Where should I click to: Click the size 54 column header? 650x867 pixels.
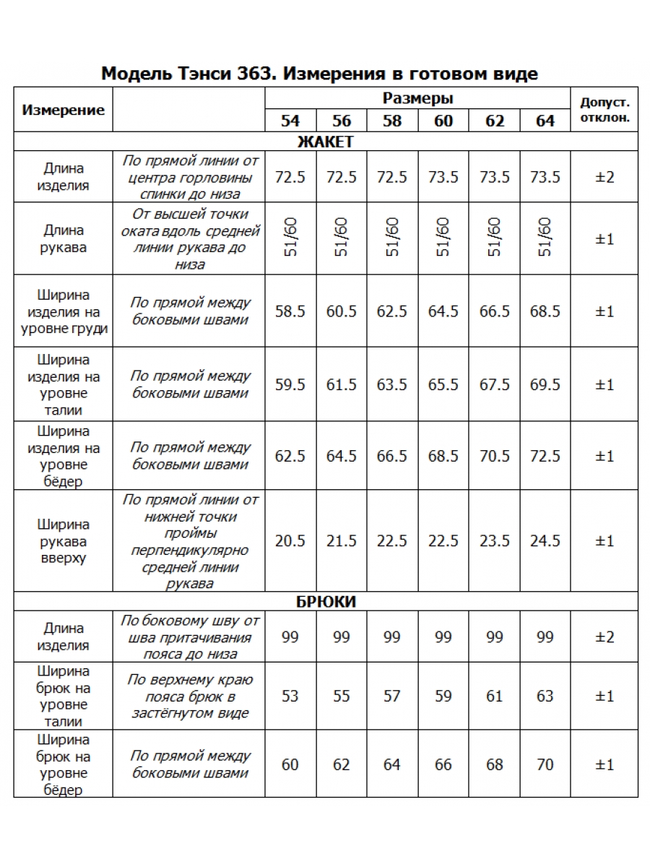click(290, 121)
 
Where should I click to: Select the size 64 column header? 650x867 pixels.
click(545, 121)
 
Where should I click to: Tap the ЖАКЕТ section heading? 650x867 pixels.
click(325, 142)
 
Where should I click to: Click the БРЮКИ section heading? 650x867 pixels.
click(325, 602)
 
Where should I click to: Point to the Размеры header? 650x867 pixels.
click(417, 98)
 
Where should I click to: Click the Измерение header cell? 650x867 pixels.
click(64, 110)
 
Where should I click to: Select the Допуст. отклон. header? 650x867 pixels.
click(604, 109)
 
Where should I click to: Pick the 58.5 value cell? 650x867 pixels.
click(290, 311)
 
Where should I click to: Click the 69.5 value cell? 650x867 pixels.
click(545, 384)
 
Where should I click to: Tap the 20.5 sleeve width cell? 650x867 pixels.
click(290, 541)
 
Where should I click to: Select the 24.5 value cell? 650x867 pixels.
click(545, 541)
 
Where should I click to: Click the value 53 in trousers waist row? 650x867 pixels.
click(290, 696)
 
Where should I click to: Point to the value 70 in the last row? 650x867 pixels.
click(545, 764)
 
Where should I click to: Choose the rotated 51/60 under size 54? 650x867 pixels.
click(290, 238)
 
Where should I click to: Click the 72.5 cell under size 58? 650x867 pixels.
click(392, 177)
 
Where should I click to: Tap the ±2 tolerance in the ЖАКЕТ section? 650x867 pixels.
click(604, 177)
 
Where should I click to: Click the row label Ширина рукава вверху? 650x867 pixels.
click(64, 541)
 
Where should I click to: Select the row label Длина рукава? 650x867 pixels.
click(64, 238)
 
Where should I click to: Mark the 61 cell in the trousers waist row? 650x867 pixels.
click(495, 696)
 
